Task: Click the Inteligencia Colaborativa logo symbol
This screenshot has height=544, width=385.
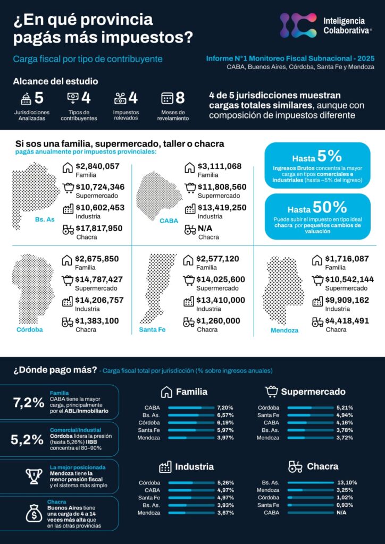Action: tap(298, 25)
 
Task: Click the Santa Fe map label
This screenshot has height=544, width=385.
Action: tap(153, 330)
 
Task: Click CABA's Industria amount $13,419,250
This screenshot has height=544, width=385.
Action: tap(222, 208)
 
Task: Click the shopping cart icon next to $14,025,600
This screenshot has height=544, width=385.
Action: tap(189, 280)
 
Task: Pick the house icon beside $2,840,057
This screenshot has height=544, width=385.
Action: tap(67, 167)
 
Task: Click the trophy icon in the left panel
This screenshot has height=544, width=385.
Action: tap(34, 476)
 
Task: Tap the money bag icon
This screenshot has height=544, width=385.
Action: tap(34, 514)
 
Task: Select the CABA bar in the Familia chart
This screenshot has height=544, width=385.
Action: tap(190, 407)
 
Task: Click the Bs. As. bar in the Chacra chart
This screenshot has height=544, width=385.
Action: tap(311, 482)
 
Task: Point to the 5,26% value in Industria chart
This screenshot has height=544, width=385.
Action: tap(225, 482)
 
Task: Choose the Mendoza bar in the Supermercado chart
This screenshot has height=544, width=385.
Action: tap(311, 438)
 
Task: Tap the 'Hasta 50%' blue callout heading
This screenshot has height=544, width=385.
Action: tap(317, 208)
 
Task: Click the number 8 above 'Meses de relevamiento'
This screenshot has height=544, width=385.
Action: tap(180, 98)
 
